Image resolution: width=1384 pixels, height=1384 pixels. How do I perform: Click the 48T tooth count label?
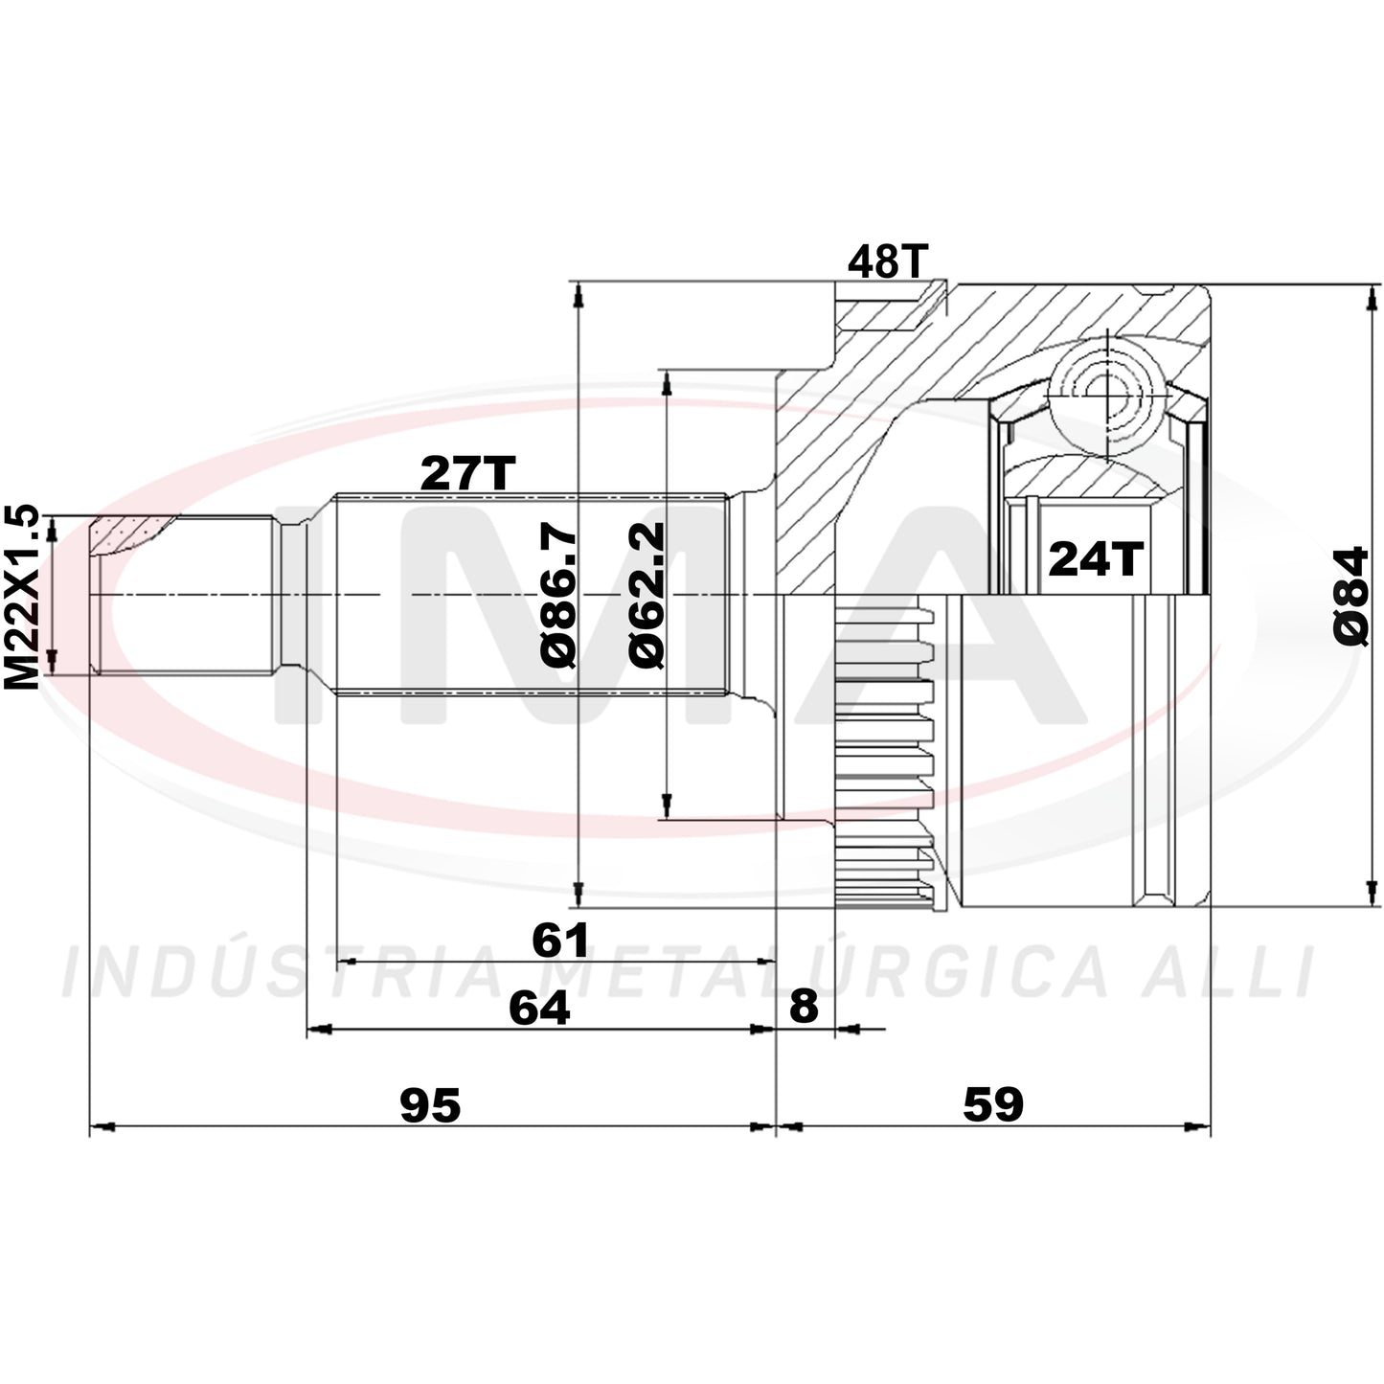[x=889, y=261]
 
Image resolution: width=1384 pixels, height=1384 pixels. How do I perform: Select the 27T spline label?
[x=468, y=472]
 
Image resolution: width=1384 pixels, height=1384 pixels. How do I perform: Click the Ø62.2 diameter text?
[x=647, y=596]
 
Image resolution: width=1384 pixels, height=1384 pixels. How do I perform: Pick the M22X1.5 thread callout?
[x=21, y=597]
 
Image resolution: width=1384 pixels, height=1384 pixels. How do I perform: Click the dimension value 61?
[x=560, y=940]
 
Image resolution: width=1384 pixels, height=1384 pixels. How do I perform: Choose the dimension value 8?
[x=804, y=1007]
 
